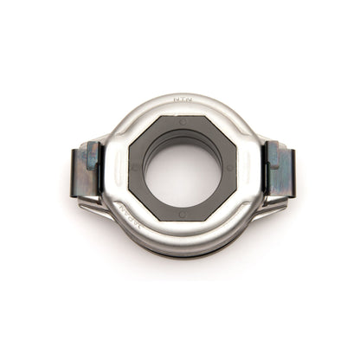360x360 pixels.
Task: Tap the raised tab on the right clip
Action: tap(273, 157)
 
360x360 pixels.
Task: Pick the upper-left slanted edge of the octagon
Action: tap(143, 134)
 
